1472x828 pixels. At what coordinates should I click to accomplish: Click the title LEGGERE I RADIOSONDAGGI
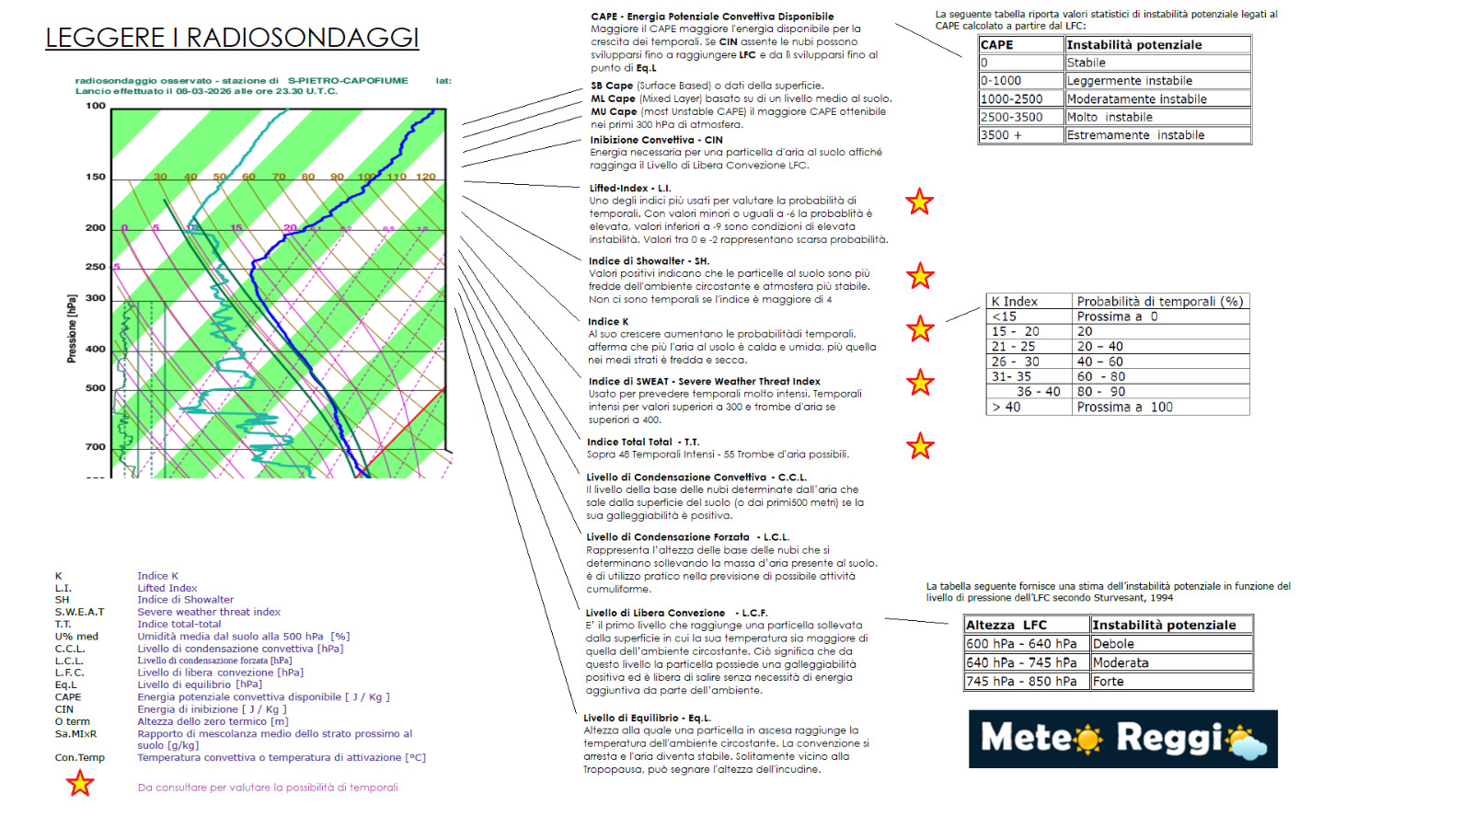(232, 38)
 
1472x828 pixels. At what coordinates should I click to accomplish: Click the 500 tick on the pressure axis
(96, 388)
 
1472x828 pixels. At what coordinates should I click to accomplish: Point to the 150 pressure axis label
(96, 177)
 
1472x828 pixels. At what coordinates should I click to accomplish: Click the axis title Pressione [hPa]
(72, 328)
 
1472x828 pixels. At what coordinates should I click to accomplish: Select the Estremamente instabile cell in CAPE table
(1157, 135)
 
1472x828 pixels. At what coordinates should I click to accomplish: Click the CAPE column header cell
(1020, 44)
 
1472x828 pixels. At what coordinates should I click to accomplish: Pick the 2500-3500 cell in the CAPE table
(1020, 117)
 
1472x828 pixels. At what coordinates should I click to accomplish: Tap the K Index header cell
(1029, 301)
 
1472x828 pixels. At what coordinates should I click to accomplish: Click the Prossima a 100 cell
(1159, 407)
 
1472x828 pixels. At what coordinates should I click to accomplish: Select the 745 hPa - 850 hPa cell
(1026, 681)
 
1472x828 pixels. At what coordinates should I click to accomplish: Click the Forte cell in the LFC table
(1170, 681)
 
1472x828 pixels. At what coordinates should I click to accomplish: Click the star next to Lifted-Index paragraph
(919, 201)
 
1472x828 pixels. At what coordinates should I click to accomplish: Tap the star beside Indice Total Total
(920, 446)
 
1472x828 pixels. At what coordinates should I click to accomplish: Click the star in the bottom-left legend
(80, 783)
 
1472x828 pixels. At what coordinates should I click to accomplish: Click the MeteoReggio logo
(1122, 739)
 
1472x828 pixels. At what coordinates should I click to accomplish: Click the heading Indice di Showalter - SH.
(649, 260)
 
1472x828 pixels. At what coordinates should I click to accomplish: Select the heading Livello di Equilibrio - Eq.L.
(647, 718)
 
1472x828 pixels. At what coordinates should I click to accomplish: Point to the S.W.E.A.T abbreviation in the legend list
(79, 612)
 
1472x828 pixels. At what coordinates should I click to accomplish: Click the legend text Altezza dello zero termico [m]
(213, 721)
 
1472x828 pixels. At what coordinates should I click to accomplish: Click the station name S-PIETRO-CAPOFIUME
(348, 80)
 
